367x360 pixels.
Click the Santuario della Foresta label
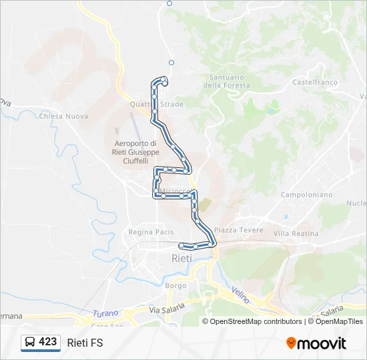[x=222, y=81]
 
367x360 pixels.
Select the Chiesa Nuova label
[x=63, y=116]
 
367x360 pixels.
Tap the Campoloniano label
[x=306, y=195]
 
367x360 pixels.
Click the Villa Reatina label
[x=296, y=233]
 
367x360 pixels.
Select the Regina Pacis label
[x=151, y=232]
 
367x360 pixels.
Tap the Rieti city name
[x=181, y=258]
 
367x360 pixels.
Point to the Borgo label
[x=176, y=285]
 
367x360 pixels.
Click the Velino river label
[x=241, y=294]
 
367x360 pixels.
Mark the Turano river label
[x=105, y=313]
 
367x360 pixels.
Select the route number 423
[x=48, y=342]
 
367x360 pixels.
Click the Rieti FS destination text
[x=85, y=343]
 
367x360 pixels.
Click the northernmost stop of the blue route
[x=164, y=79]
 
